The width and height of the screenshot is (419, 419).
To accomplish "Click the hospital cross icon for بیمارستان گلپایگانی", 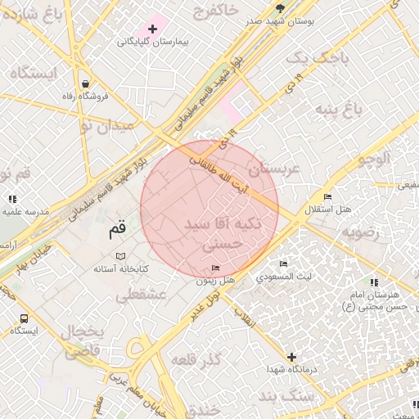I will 152,29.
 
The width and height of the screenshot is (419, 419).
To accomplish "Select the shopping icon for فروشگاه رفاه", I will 86,83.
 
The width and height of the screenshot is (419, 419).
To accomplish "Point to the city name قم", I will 118,232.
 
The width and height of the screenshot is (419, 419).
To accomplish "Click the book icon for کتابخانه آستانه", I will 121,256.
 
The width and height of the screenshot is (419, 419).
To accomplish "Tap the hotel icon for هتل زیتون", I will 215,268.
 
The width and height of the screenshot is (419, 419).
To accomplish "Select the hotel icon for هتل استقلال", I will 327,197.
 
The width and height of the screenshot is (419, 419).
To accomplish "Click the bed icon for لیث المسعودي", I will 283,264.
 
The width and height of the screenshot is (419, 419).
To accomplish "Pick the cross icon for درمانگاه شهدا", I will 292,358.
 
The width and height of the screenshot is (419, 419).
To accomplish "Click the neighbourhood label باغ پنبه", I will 363,108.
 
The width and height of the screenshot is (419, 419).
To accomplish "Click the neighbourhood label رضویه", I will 361,232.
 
